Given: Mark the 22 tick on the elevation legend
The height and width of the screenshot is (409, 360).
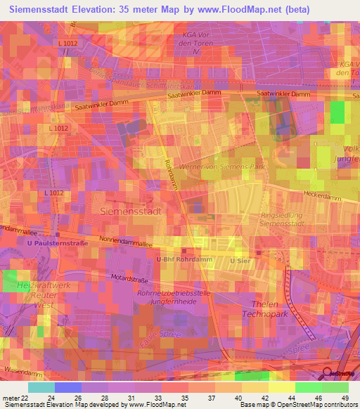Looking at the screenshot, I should [24, 397].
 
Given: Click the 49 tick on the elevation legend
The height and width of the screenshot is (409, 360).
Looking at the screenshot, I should [345, 397].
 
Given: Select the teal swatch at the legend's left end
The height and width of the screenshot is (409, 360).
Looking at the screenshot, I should [41, 387].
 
